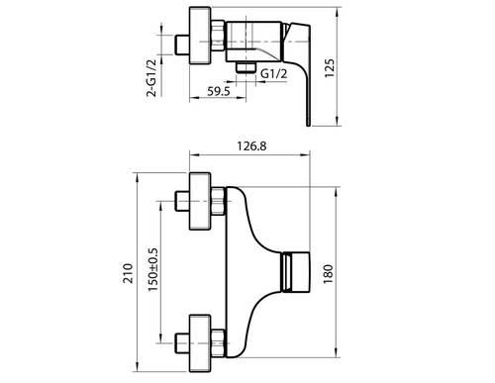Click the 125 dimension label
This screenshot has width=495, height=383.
[x=330, y=68]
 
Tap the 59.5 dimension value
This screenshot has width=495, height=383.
[x=219, y=91]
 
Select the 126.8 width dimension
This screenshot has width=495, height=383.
[x=251, y=145]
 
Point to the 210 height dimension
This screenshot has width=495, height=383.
[x=128, y=273]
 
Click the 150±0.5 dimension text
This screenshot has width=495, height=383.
[x=153, y=269]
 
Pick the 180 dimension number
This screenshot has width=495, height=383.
[x=329, y=274]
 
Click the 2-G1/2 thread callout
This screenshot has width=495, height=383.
[x=151, y=78]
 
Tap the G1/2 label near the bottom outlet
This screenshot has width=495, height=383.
[x=274, y=73]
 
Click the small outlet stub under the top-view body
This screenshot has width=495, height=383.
[x=247, y=67]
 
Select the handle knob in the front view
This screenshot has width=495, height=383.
[x=295, y=272]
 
